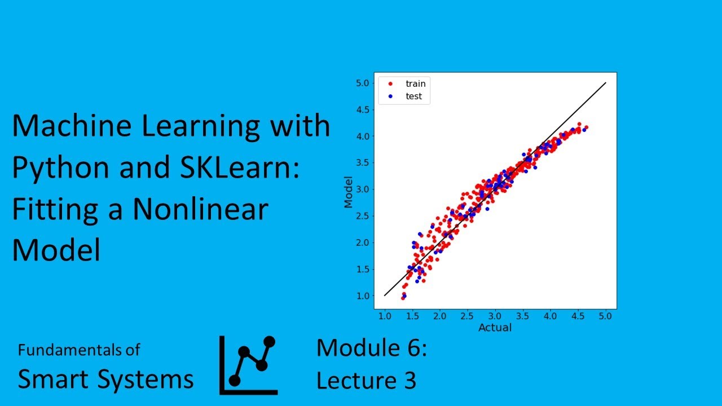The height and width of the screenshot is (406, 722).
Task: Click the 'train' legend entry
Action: click(x=415, y=83)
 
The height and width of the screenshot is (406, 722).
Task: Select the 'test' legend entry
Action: click(x=413, y=96)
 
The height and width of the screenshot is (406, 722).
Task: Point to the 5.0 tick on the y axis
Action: click(x=363, y=83)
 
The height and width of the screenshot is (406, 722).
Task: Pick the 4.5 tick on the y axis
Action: click(x=363, y=109)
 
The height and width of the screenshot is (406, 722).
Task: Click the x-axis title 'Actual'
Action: click(x=495, y=328)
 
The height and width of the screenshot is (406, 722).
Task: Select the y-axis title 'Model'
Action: click(x=349, y=192)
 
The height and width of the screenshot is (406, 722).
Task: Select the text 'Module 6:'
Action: click(x=371, y=348)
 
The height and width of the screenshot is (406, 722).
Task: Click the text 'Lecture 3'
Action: click(x=366, y=381)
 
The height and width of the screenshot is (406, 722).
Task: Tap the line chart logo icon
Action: click(x=248, y=365)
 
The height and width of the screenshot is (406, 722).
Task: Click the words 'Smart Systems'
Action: click(x=105, y=379)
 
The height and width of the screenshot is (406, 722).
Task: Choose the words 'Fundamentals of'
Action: click(x=78, y=350)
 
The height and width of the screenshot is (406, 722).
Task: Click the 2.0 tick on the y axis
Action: click(x=363, y=242)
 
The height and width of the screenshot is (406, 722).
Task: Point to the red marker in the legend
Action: click(x=390, y=83)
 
